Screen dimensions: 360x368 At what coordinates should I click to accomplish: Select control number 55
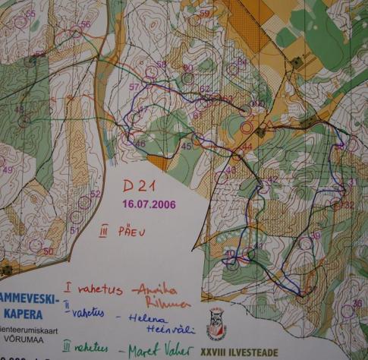pos(30,14)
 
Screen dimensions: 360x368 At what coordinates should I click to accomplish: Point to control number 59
pos(204,14)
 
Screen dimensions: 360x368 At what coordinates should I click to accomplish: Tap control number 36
pos(357,303)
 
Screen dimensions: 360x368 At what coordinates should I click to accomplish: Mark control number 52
pos(95,194)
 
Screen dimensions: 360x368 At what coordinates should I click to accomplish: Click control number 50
pos(48,251)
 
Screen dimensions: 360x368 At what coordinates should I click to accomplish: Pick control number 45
pos(187,146)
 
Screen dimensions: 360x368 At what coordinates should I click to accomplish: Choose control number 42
pos(272,179)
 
